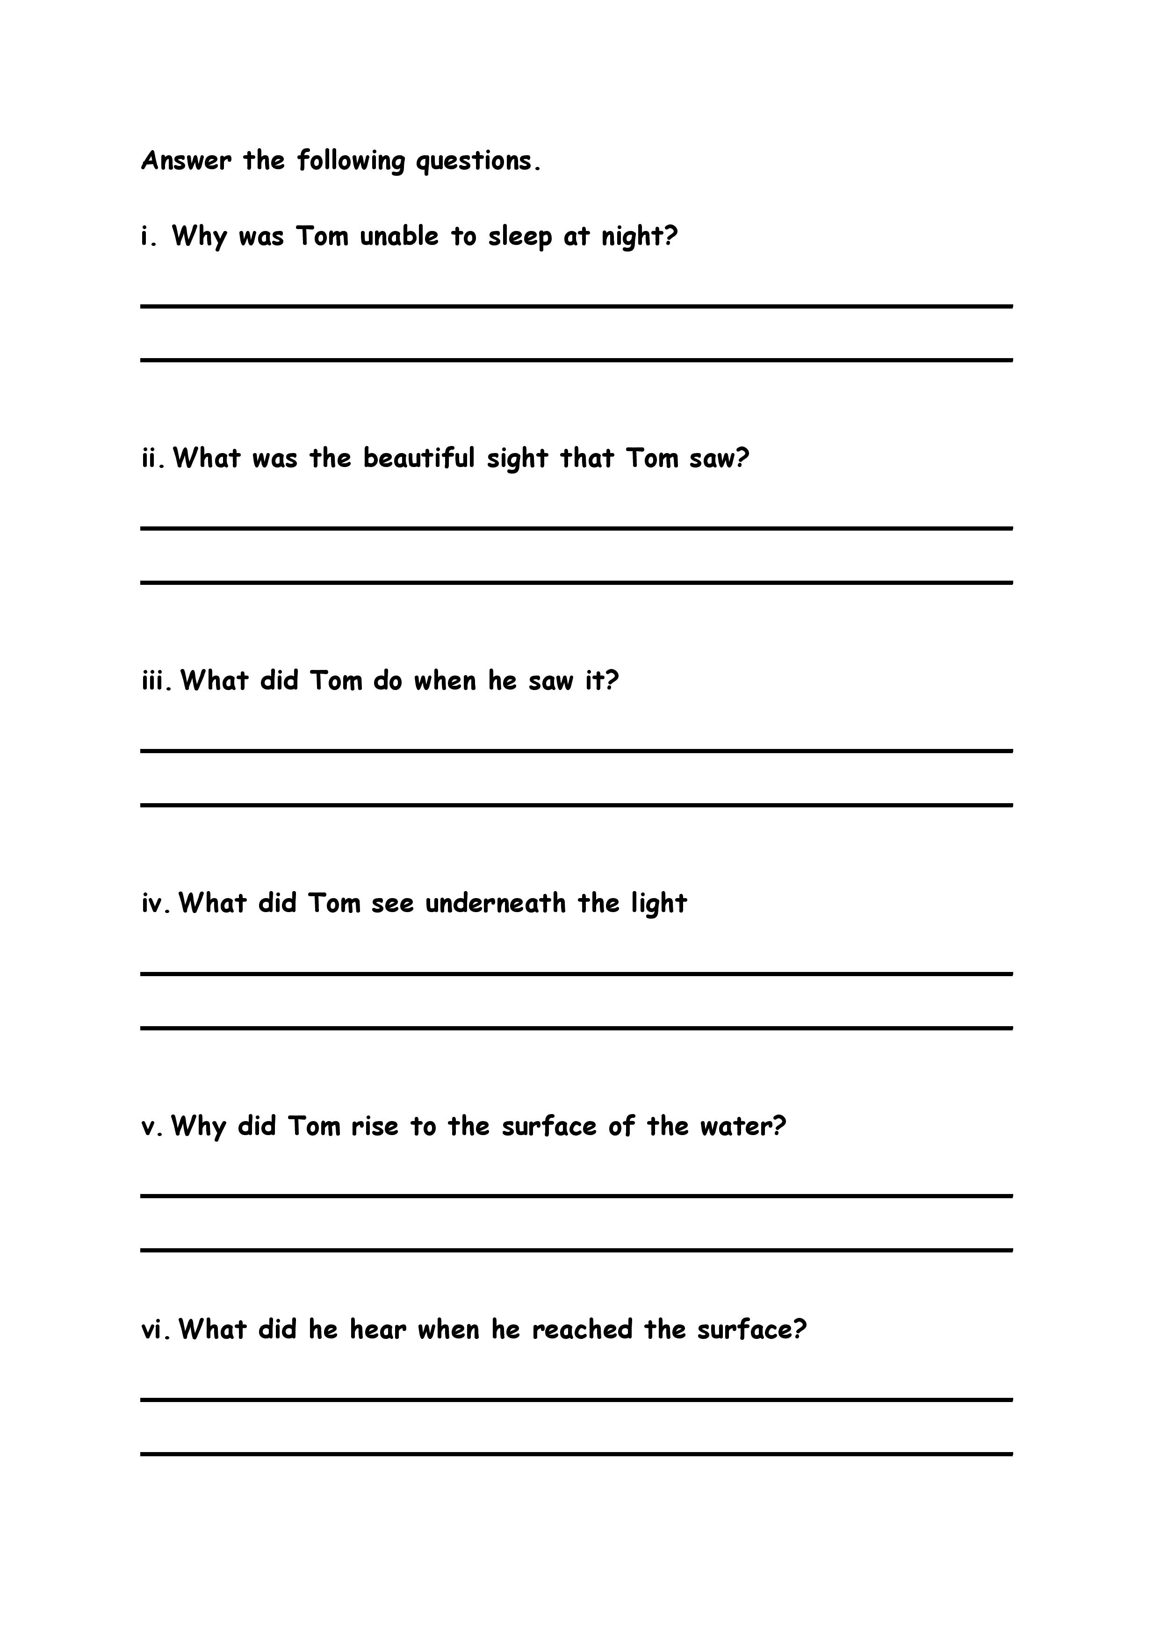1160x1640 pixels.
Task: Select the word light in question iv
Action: coord(659,904)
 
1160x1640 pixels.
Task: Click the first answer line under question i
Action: coord(576,306)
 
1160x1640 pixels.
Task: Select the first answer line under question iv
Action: coord(576,973)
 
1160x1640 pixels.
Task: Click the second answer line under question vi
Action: coord(576,1453)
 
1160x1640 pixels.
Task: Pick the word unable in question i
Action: coord(399,237)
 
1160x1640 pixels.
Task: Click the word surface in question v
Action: coord(548,1126)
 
